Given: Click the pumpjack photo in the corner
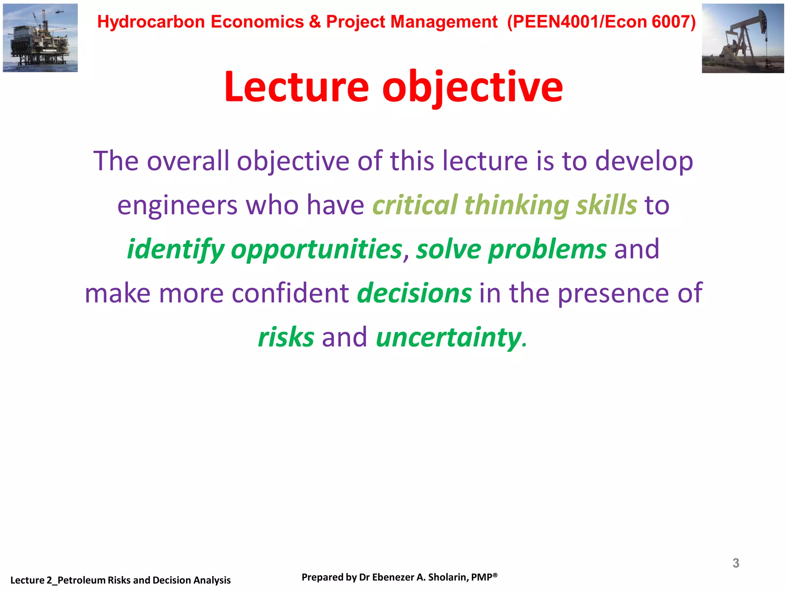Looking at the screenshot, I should pyautogui.click(x=742, y=38).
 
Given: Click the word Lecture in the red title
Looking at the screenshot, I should pyautogui.click(x=296, y=88).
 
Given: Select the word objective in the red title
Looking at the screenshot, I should pyautogui.click(x=472, y=88).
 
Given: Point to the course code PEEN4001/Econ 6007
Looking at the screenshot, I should pyautogui.click(x=601, y=22).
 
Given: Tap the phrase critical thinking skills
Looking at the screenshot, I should pyautogui.click(x=505, y=205).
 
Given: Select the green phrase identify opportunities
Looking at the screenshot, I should pyautogui.click(x=264, y=249).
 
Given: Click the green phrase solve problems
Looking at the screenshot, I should pyautogui.click(x=511, y=249).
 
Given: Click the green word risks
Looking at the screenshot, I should pyautogui.click(x=286, y=337).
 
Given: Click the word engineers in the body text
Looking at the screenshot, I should pyautogui.click(x=177, y=205).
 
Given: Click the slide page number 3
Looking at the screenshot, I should pyautogui.click(x=736, y=563).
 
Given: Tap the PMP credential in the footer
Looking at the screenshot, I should pyautogui.click(x=484, y=577).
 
